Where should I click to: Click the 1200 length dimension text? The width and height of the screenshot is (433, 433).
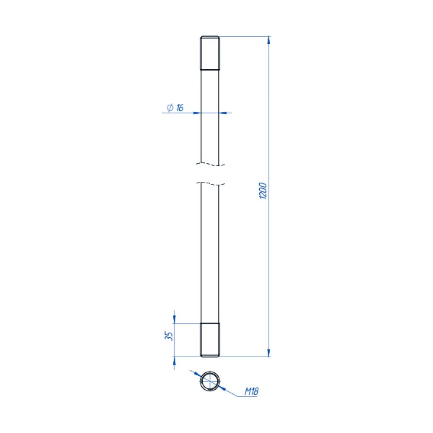263,191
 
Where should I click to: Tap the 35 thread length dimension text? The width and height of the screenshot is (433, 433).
169,336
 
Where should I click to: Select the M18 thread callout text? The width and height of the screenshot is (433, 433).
251,391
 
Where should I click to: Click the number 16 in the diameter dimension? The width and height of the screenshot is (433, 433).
180,107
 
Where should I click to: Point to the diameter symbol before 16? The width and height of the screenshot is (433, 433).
170,107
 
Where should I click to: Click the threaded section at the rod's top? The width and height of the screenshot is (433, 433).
210,53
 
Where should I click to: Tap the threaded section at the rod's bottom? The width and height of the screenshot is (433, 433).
210,340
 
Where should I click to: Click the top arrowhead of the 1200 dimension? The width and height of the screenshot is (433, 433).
269,40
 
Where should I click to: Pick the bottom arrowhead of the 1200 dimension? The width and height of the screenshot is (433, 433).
269,353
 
